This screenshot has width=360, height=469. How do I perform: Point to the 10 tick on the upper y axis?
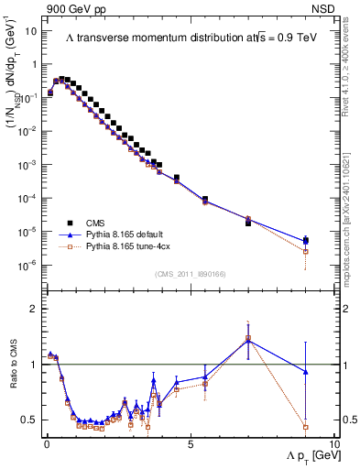pos(30,31)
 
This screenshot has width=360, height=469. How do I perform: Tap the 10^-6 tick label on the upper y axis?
pos(27,266)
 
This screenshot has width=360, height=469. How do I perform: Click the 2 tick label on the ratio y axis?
pos(32,309)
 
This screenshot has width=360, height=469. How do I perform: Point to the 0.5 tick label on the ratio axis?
pos(28,420)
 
